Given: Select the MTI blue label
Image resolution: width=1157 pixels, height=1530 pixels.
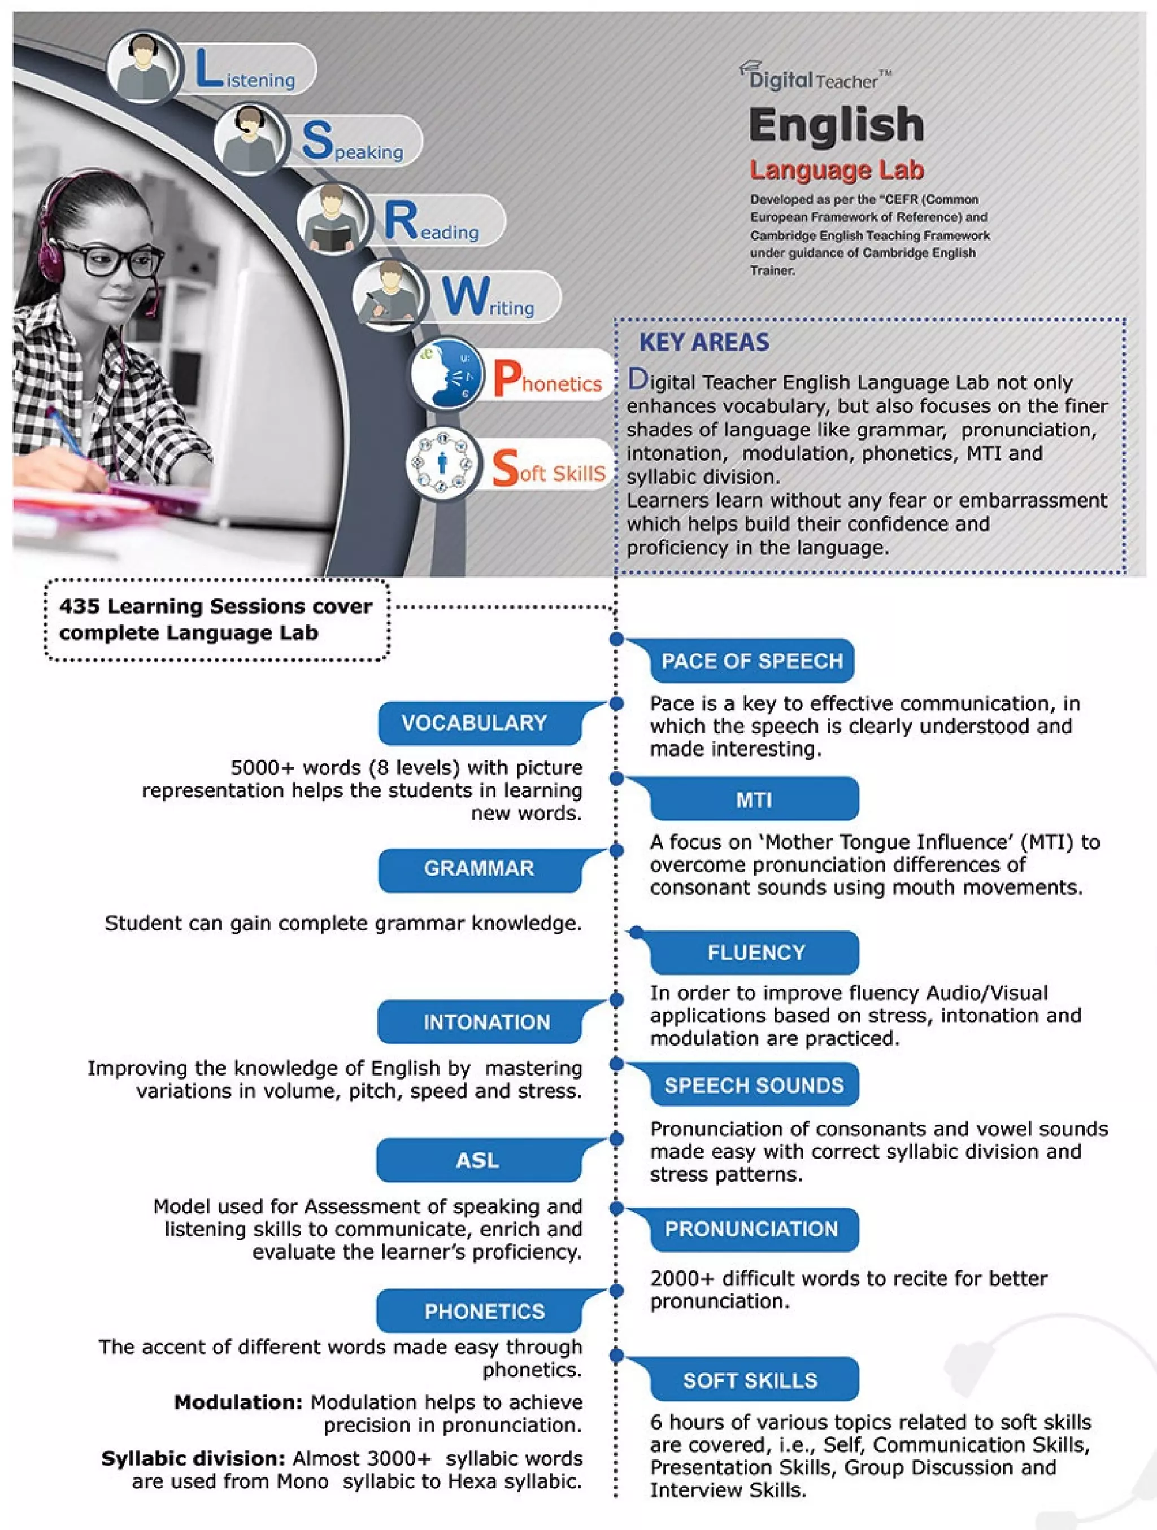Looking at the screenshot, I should coord(754,799).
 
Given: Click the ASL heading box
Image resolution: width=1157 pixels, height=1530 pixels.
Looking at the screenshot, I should coord(478,1160).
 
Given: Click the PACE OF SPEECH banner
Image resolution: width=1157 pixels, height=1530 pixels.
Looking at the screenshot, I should coord(751,661).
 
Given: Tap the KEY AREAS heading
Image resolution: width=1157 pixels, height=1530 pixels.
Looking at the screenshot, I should coord(704,342).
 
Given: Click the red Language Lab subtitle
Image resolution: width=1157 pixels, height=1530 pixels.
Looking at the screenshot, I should coord(837,170).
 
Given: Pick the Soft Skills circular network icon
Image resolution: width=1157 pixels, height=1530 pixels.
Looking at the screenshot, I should coord(443,462).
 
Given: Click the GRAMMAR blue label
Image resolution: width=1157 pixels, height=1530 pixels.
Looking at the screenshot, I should coord(479,869).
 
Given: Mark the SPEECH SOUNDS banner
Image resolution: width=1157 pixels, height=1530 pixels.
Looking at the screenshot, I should coord(754,1085).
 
